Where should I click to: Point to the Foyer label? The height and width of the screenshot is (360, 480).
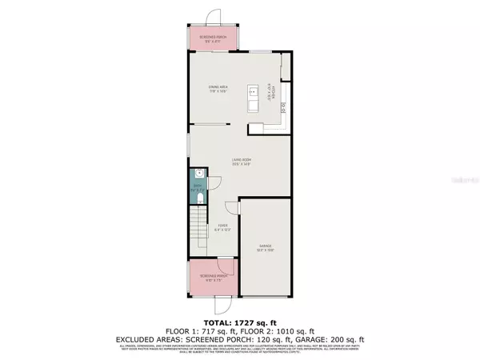tap(224, 229)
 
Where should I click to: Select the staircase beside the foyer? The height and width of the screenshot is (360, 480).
tap(198, 233)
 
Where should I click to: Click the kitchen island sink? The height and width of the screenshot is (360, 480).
tap(252, 89)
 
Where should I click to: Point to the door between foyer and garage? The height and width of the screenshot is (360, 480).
tap(233, 207)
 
